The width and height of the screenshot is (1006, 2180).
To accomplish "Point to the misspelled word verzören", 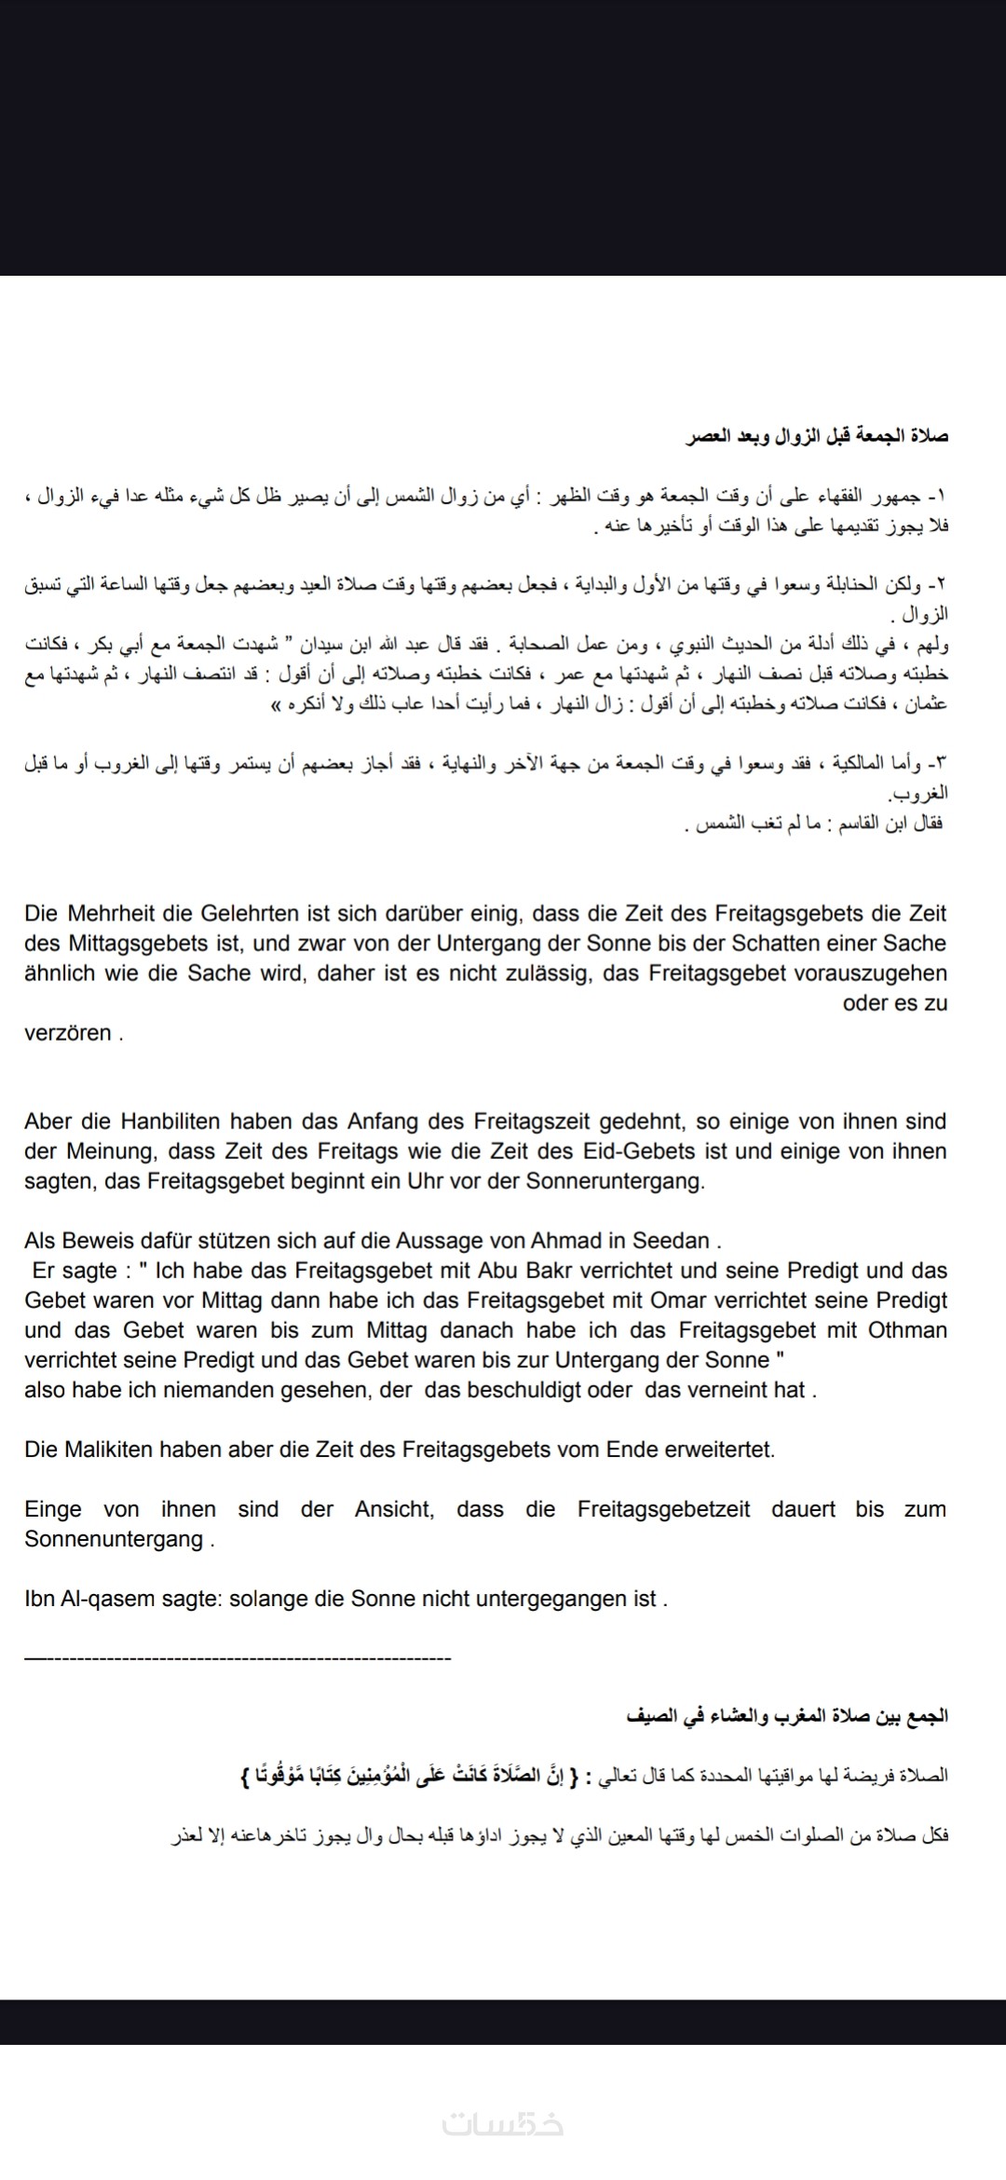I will point(68,1032).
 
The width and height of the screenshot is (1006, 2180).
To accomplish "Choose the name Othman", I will point(907,1329).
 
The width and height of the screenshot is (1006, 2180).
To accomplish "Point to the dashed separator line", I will point(238,1658).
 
